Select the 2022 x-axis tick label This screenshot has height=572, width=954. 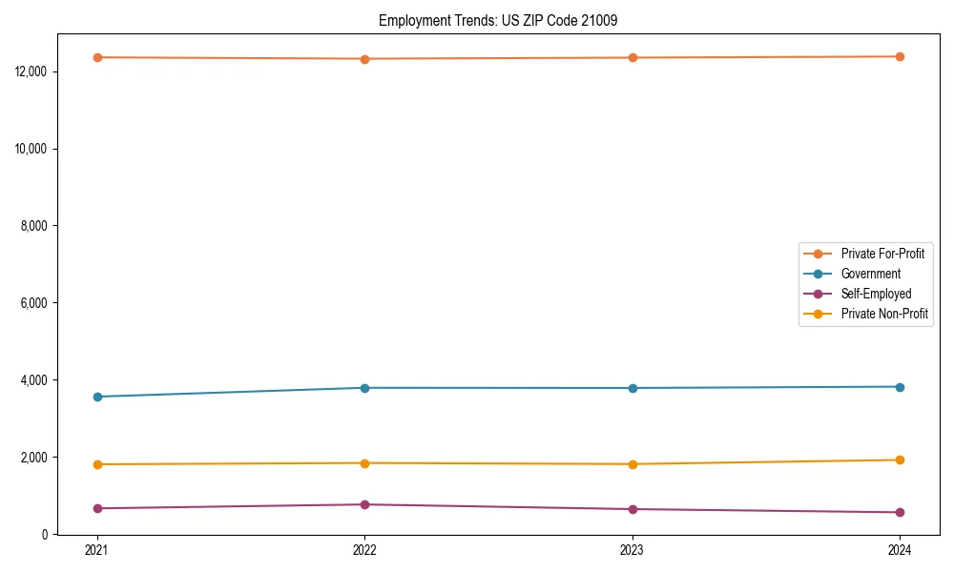point(364,549)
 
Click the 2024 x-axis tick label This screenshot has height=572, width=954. point(900,549)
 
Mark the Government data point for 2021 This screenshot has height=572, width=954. point(97,397)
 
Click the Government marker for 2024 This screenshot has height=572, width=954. point(900,387)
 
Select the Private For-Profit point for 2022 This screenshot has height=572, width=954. point(364,59)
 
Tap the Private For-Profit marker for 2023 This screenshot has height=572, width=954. point(633,58)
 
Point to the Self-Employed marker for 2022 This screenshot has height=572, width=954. point(364,504)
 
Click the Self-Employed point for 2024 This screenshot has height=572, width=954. point(900,512)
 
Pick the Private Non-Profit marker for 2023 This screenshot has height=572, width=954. point(633,464)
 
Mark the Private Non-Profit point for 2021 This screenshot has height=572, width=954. point(97,464)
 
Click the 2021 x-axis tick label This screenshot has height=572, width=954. point(97,549)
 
